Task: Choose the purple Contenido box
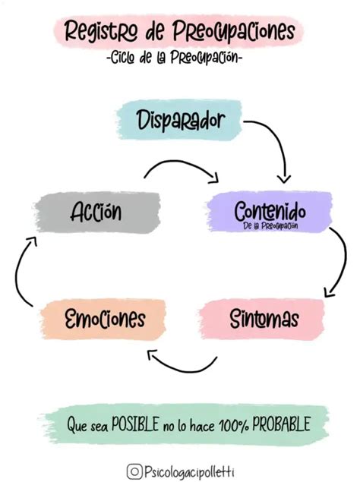pos(270,210)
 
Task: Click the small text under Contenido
pos(270,225)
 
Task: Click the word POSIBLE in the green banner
pos(136,425)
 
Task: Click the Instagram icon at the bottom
pos(133,471)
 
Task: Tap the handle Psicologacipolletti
pos(188,471)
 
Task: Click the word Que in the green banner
pos(77,426)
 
